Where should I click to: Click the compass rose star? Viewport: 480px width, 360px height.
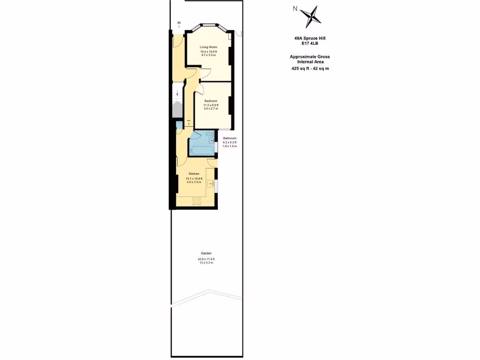coord(309,17)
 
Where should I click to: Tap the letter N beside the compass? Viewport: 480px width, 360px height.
coord(295,8)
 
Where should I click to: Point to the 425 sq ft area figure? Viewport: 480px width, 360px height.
coord(300,68)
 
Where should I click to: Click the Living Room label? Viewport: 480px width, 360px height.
coord(209,47)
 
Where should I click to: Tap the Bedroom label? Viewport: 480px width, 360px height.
coord(210,101)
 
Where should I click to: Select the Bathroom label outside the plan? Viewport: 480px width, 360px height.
coord(230,138)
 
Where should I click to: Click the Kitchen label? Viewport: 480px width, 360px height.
coord(194,174)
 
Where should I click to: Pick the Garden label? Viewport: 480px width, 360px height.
coord(206,254)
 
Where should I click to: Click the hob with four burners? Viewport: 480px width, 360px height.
coord(196,202)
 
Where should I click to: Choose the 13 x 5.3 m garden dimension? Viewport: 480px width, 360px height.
coord(206,262)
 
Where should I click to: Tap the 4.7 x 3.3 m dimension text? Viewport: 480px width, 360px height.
coord(209,55)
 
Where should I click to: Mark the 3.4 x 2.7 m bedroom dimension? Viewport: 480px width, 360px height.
coord(210,109)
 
